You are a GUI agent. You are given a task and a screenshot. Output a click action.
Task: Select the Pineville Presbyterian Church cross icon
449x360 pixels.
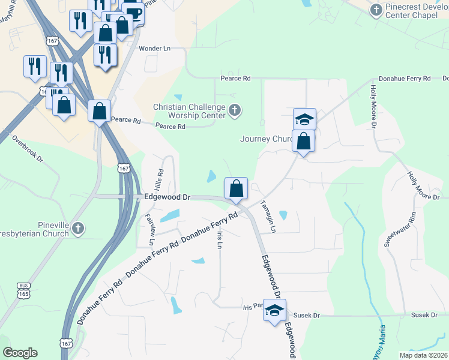coord(79,228)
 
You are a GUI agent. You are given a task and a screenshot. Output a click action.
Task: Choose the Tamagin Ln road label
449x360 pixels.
coord(268,217)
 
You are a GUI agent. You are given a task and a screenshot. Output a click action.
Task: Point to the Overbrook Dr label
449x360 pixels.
coord(28,149)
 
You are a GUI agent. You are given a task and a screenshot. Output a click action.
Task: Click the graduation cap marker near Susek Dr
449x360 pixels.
coord(274,310)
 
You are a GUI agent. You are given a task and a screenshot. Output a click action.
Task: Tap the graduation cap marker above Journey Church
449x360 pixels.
coord(304,119)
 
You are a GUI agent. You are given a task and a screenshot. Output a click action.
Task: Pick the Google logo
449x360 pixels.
coord(20,353)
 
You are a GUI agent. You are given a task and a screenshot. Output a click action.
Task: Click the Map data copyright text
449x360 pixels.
coord(424,355)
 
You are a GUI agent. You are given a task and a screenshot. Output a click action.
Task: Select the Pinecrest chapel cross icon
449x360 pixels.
coord(376,10)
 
